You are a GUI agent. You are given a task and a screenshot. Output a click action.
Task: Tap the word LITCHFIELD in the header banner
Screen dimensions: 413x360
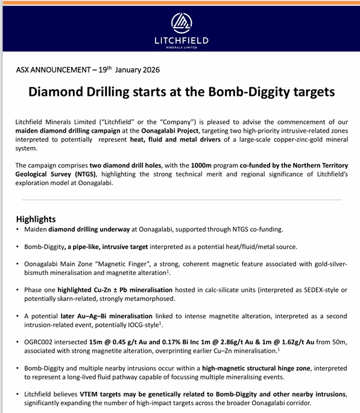click(181, 41)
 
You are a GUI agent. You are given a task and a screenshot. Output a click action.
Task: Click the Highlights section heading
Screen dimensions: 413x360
click(36, 219)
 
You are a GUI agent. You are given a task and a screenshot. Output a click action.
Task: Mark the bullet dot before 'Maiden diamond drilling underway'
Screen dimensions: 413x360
click(17, 230)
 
